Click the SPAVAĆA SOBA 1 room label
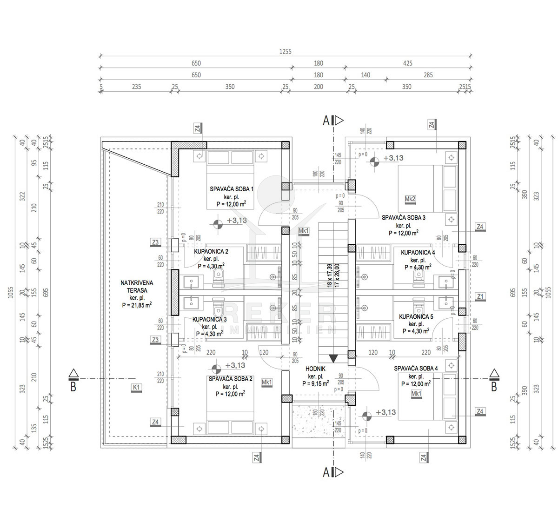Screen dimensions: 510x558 click(x=231, y=189)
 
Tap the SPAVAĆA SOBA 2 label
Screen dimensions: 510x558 click(x=231, y=379)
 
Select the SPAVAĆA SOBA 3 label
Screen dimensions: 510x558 click(x=404, y=217)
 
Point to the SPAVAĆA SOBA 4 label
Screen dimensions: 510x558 click(x=416, y=368)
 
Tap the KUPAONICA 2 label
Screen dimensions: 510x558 click(x=211, y=251)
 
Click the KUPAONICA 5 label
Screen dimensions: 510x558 click(x=416, y=317)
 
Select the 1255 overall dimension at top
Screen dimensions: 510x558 click(x=285, y=52)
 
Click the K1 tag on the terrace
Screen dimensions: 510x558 click(x=137, y=387)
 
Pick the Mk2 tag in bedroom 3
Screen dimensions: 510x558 click(x=410, y=199)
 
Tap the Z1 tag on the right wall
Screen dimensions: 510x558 click(x=480, y=296)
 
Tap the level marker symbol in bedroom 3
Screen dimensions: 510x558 click(x=374, y=162)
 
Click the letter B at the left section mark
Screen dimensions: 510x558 click(x=73, y=387)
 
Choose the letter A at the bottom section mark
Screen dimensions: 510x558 click(x=327, y=473)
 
